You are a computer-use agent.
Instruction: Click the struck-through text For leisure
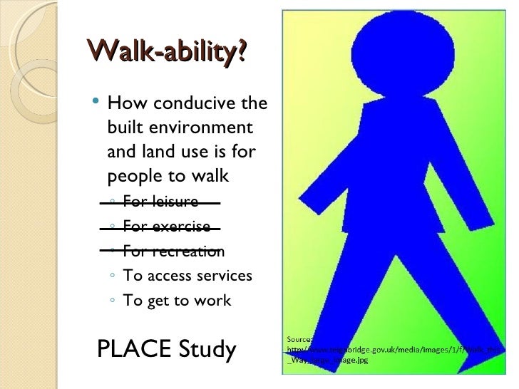160,202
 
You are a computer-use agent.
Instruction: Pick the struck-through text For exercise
167,227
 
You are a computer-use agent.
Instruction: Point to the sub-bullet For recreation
173,251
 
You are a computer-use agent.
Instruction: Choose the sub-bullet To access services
187,276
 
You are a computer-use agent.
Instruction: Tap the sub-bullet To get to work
177,301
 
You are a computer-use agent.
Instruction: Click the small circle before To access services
114,276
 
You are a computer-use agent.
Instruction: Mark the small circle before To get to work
114,301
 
